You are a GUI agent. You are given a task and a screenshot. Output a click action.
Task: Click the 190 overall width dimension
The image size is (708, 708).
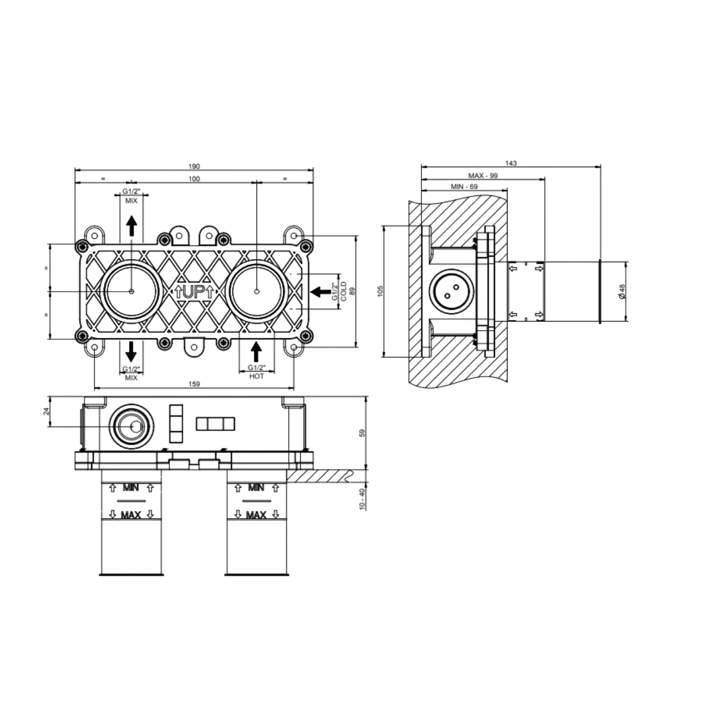(194, 167)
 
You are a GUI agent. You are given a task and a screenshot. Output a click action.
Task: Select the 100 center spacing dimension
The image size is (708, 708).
(194, 179)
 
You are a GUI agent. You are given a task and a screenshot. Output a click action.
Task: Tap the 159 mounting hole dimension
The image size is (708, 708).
(194, 385)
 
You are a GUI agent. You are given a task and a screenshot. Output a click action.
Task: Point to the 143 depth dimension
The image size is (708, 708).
(511, 163)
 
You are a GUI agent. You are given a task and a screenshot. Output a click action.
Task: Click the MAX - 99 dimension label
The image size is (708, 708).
(483, 176)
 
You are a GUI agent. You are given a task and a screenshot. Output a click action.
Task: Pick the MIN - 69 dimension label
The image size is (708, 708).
(464, 187)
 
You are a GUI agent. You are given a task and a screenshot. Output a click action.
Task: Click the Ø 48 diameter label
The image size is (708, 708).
(622, 291)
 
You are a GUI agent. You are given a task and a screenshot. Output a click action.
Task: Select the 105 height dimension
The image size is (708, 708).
(380, 291)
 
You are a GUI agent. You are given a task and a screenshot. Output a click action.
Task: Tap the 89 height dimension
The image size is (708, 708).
(352, 291)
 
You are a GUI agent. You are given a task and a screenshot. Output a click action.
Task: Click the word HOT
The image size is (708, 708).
(257, 376)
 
